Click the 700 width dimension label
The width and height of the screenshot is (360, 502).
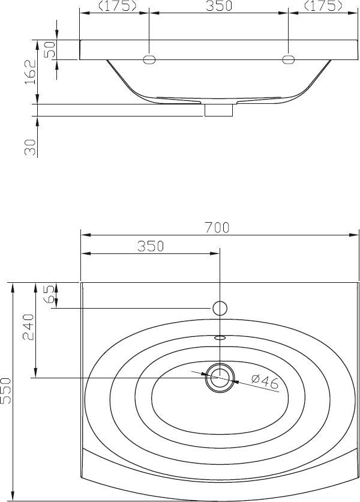[217, 228]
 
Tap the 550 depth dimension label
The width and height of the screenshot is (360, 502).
[6, 390]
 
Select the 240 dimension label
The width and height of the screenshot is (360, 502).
[28, 327]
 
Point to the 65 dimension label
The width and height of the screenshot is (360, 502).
[49, 294]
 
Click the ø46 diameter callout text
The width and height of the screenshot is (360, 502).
[265, 383]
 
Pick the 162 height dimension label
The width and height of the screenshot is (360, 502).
[31, 71]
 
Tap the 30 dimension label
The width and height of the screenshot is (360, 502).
[30, 147]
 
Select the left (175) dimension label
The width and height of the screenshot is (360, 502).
[117, 6]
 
